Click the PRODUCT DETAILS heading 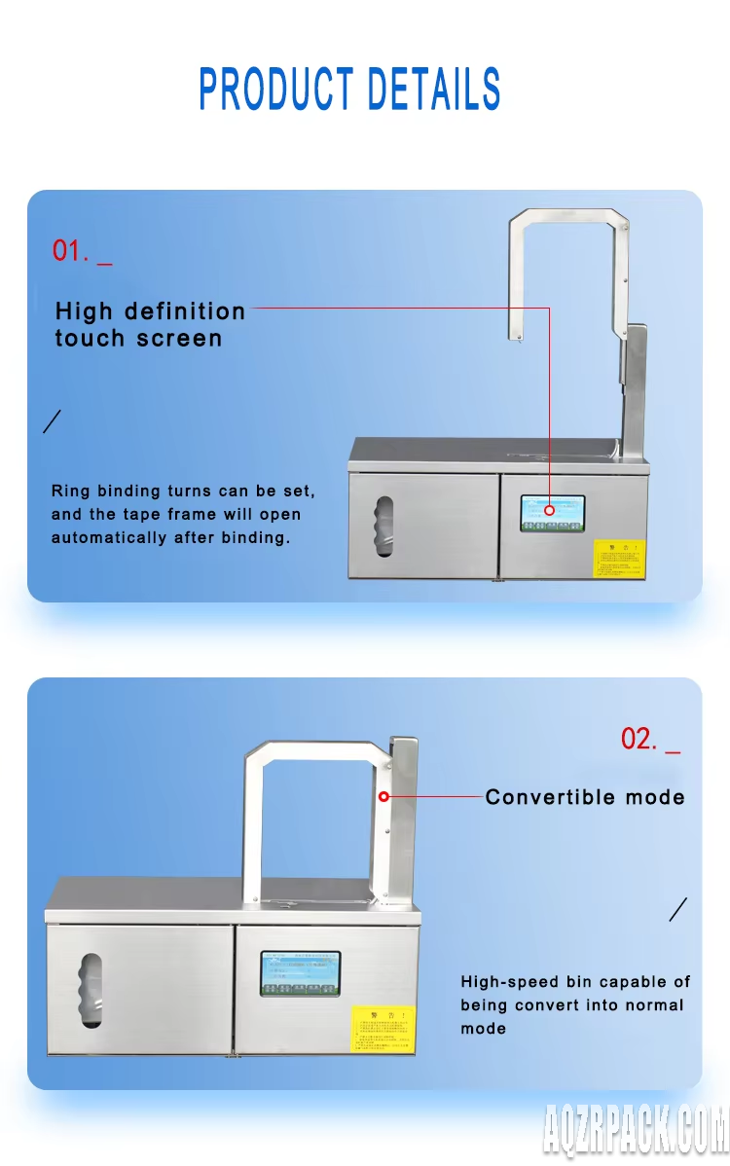349,90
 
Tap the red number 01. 69,251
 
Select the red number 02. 639,739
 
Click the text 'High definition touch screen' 150,325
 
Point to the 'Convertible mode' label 585,797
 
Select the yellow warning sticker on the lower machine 383,1030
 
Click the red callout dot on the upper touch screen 549,509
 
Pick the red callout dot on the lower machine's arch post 383,796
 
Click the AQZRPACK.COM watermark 635,1135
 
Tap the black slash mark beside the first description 54,421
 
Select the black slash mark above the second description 678,909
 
